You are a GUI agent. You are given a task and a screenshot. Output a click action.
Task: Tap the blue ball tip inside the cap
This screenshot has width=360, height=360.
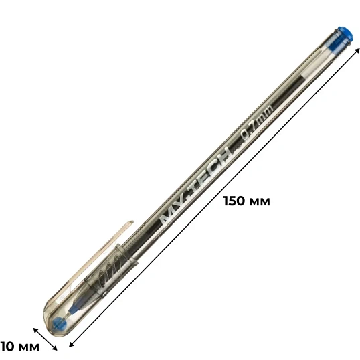[x=60, y=323]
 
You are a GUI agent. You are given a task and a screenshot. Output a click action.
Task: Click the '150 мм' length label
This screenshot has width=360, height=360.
[x=247, y=201]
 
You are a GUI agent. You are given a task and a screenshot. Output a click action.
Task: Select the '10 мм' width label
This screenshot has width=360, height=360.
[x=20, y=347]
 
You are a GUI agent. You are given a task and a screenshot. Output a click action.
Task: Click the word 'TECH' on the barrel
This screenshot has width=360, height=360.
[x=211, y=169]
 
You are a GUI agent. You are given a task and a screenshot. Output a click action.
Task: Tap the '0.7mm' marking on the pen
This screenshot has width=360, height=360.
[x=257, y=122]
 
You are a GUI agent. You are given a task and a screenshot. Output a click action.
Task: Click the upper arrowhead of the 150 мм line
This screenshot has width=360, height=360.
[x=357, y=50]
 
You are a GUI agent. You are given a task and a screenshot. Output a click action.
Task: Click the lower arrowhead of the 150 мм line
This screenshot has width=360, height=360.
[x=72, y=344]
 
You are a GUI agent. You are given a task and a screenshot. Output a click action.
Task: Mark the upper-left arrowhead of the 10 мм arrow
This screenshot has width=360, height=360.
[x=36, y=330]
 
